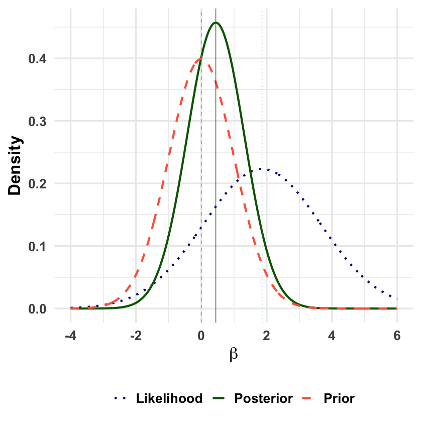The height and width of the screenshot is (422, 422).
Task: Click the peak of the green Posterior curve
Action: [216, 23]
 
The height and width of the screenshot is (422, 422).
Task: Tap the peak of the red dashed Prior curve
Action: [201, 59]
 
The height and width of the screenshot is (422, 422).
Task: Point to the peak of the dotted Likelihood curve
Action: [262, 169]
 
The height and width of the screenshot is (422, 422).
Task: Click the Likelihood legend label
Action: [169, 399]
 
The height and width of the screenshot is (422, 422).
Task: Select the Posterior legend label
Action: [263, 399]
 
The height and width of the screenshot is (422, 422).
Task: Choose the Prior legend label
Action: [339, 399]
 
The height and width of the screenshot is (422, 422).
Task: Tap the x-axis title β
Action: [234, 354]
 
